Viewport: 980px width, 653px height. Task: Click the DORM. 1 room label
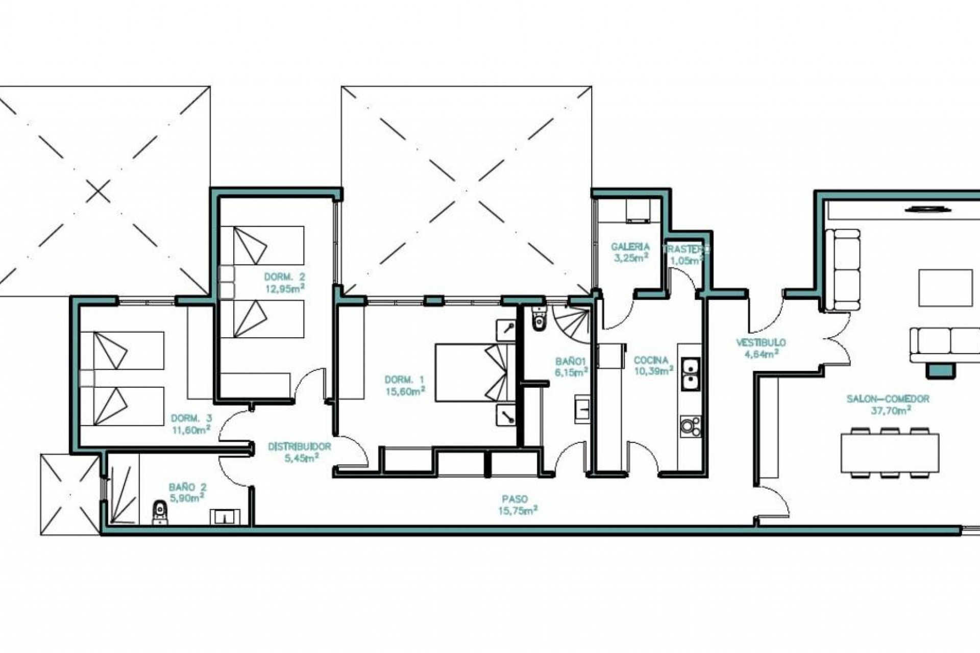(x=404, y=380)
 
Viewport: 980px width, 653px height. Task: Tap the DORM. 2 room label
(x=284, y=277)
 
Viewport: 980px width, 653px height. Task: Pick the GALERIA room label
(x=630, y=247)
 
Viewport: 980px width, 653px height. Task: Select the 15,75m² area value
(x=518, y=510)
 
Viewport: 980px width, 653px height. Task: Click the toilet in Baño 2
(x=160, y=512)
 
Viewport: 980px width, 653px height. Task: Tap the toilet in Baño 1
(x=538, y=318)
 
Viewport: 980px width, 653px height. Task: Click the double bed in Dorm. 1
(x=475, y=372)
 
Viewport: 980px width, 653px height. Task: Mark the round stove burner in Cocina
(x=691, y=427)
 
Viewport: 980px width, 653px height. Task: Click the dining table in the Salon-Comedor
(x=890, y=453)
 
